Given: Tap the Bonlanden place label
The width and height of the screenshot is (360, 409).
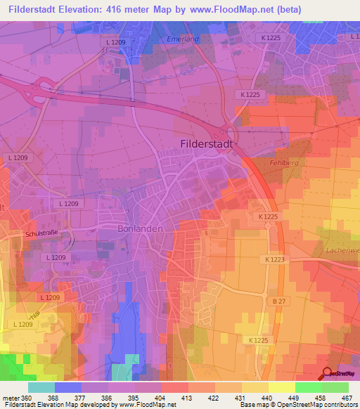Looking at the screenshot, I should [x=141, y=229].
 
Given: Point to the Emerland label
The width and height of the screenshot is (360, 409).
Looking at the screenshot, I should [x=184, y=39].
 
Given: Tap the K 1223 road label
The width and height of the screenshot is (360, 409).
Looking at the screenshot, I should [x=276, y=260].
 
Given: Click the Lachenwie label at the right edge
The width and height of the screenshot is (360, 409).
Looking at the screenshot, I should [x=342, y=249].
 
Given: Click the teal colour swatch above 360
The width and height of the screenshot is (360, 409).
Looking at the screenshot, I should [x=41, y=387].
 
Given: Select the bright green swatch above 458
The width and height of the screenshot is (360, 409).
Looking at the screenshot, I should [x=308, y=387].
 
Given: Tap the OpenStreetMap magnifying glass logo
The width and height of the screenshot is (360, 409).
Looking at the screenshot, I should [x=327, y=374].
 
